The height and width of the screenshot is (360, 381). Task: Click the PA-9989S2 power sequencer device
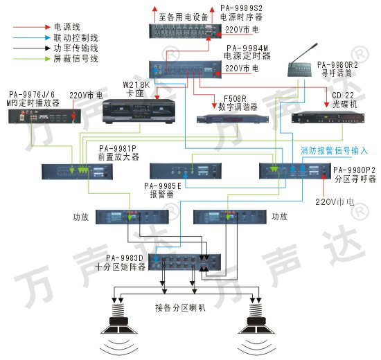(185, 31)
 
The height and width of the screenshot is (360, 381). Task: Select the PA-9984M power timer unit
(185, 69)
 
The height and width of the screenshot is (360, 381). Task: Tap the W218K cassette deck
(139, 111)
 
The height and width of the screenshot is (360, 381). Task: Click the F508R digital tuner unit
(233, 119)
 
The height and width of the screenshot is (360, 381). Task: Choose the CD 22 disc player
(328, 118)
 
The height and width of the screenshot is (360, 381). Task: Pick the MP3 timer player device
(45, 116)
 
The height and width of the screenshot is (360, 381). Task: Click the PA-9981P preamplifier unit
(77, 172)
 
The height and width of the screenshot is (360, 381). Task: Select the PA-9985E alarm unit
(186, 171)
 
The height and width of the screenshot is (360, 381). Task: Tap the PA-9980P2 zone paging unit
(295, 171)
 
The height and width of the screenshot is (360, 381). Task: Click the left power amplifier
(132, 217)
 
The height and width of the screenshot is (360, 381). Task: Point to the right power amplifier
(229, 217)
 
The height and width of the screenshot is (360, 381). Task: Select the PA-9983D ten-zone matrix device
(184, 262)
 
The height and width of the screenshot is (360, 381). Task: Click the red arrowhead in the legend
(48, 27)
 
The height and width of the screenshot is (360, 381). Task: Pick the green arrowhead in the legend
(48, 59)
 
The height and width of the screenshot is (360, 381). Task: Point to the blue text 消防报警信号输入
(334, 151)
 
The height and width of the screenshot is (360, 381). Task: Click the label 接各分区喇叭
(180, 308)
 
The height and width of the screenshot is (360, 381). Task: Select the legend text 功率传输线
(76, 48)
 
